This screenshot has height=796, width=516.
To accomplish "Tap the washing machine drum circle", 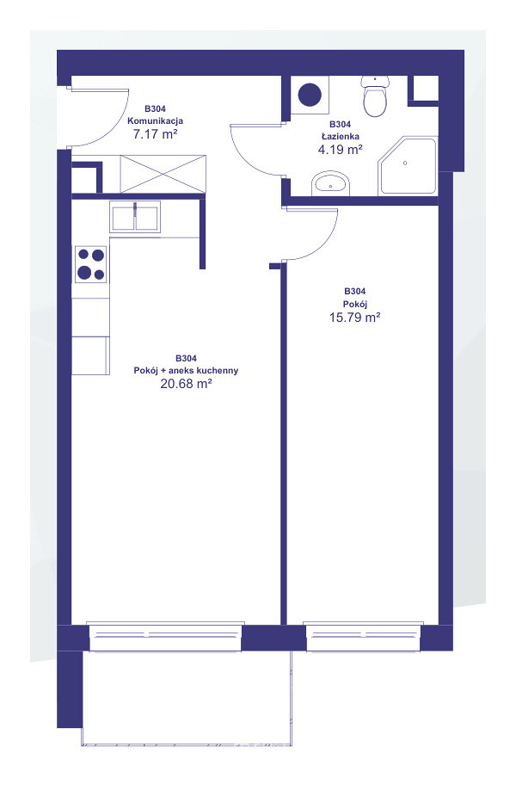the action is click(310, 95).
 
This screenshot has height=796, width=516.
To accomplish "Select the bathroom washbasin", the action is click(331, 183).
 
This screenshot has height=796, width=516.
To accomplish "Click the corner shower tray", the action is click(408, 165).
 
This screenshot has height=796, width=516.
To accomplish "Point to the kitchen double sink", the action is click(135, 217).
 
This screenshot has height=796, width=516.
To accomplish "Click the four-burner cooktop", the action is click(91, 264).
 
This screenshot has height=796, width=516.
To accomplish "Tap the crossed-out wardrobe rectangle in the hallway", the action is click(163, 174).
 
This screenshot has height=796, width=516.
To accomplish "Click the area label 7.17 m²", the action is click(156, 134).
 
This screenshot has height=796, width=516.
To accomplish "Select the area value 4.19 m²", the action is click(340, 150).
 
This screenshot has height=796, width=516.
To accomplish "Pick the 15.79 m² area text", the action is click(355, 318).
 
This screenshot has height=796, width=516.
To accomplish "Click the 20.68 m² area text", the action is click(186, 384).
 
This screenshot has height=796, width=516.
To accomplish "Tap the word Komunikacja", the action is click(156, 121).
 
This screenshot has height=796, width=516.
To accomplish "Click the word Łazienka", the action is click(341, 137).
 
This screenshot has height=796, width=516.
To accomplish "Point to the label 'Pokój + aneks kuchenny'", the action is click(186, 371).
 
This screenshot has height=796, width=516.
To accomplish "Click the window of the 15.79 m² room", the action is click(363, 637).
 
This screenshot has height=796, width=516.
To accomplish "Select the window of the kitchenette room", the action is click(165, 637).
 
